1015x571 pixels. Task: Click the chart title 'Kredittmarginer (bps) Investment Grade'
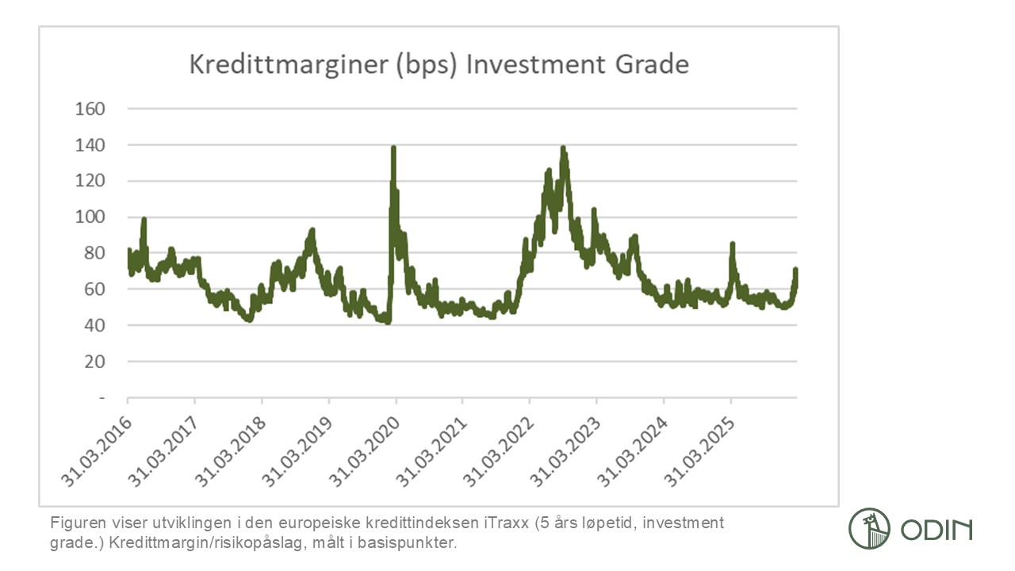pos(439,63)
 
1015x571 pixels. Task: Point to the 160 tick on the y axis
pos(90,109)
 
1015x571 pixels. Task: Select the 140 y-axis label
pos(90,145)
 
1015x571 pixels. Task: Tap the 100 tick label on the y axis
pos(90,217)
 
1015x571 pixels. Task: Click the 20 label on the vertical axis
pos(95,362)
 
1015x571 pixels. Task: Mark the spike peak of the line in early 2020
pos(393,148)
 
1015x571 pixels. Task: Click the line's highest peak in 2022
pos(563,148)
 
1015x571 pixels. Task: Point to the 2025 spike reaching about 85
pos(732,244)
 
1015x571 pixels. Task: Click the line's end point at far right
pos(795,270)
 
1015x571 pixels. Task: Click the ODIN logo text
pos(936,529)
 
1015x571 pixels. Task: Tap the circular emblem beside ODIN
pos(870,529)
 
